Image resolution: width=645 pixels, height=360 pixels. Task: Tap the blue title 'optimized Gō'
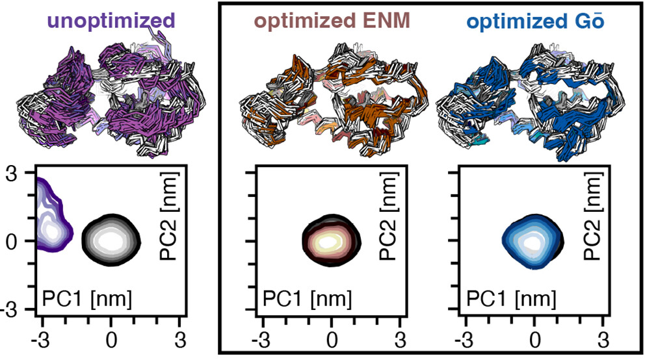tap(535, 20)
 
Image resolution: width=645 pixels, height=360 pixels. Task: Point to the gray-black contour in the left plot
tap(111, 241)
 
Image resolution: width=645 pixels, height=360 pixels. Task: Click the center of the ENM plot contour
tap(331, 240)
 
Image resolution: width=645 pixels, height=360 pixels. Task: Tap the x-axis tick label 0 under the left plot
tap(111, 341)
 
